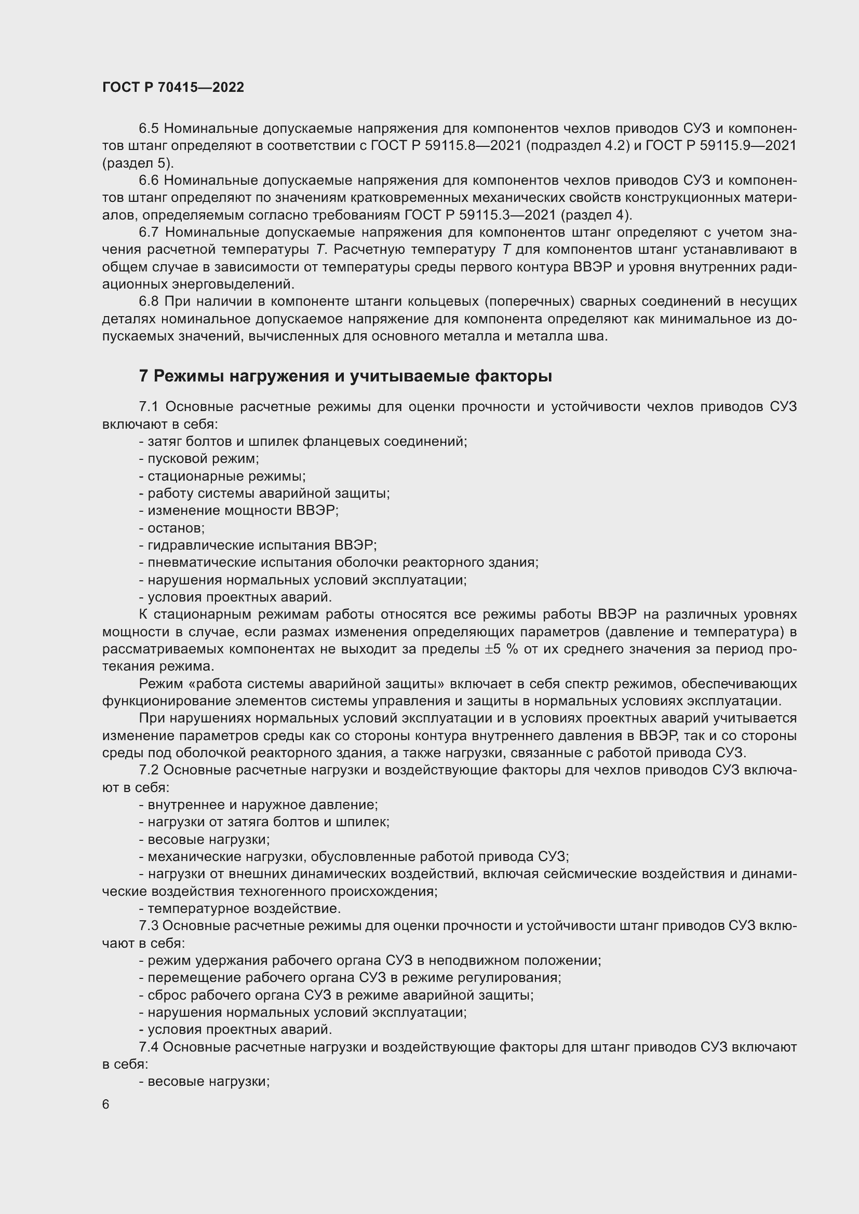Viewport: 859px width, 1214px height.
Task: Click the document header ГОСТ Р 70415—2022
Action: point(173,87)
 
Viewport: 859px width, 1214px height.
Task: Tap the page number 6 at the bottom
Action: point(106,1104)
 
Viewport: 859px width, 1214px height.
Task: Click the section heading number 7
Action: point(143,376)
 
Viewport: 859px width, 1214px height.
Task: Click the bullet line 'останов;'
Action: point(172,528)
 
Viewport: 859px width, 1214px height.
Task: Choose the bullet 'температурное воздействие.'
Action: point(239,908)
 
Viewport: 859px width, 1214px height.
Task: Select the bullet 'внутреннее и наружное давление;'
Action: point(258,805)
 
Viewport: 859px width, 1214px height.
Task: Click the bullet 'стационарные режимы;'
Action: point(222,476)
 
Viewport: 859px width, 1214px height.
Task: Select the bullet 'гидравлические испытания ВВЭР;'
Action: point(258,545)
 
